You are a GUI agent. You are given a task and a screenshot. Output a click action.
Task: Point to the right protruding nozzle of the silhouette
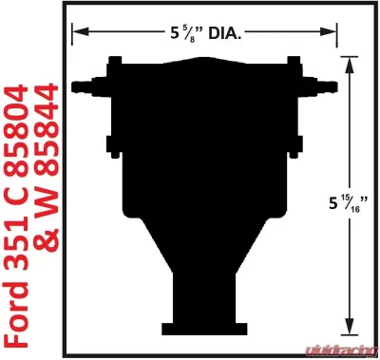point(327,83)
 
